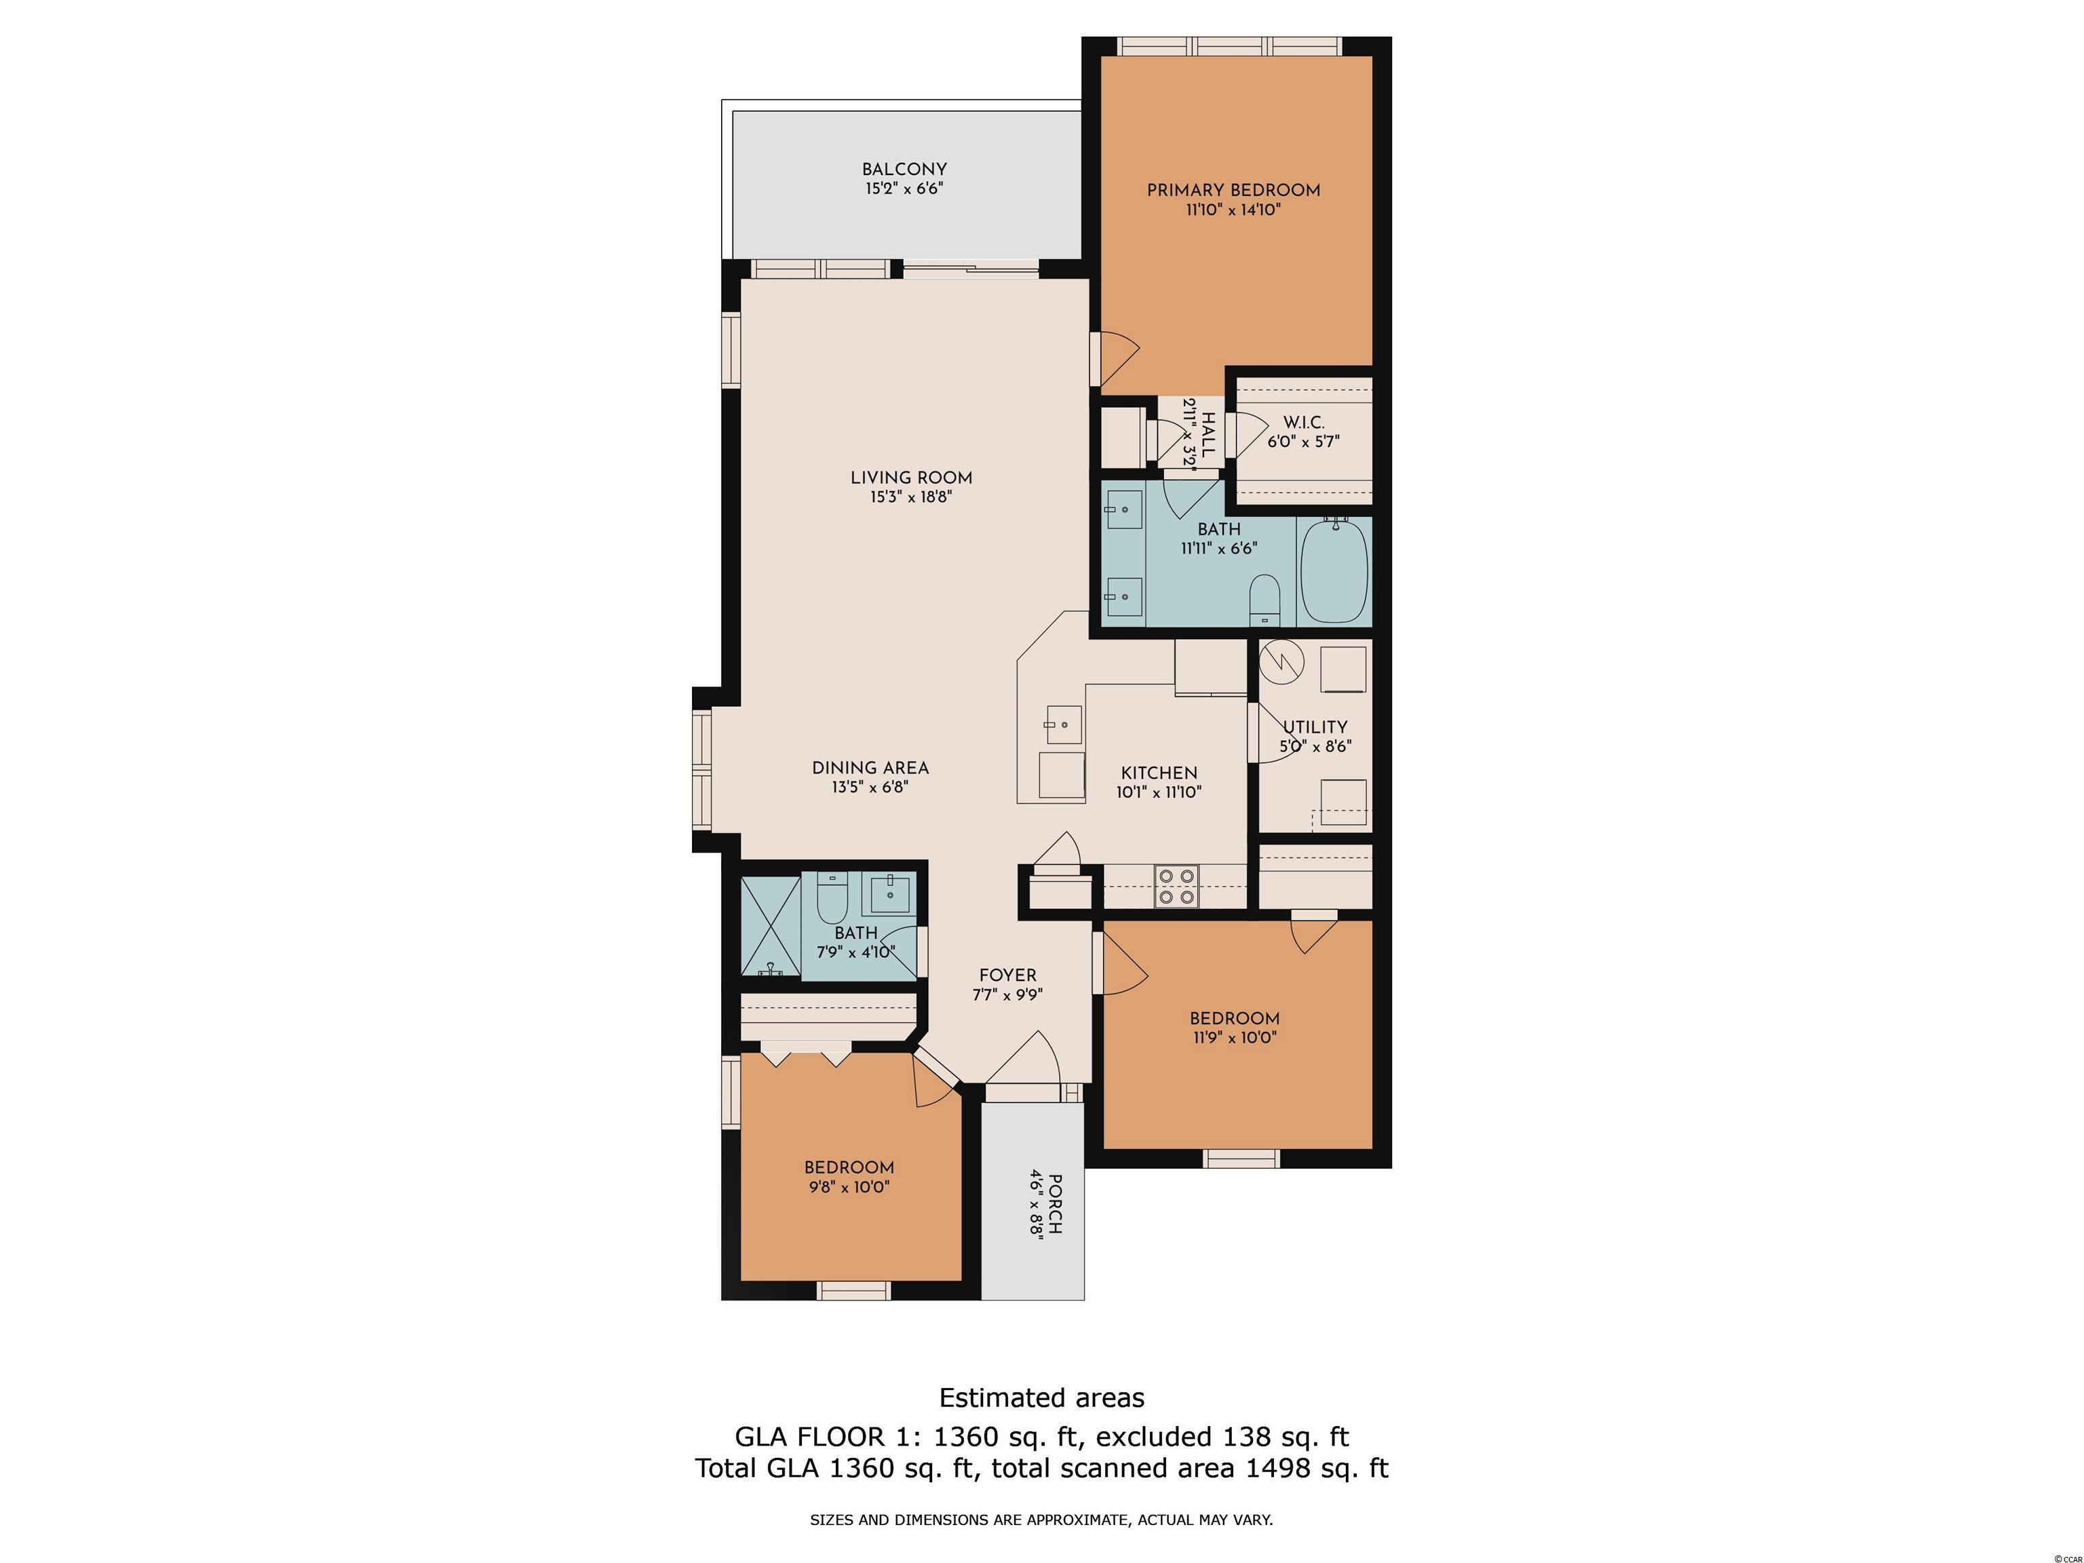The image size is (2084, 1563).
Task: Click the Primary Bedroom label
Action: [x=1233, y=191]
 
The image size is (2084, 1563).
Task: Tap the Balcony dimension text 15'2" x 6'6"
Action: [x=904, y=189]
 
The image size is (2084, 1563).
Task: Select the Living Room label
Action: [x=911, y=478]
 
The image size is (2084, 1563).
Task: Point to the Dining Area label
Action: [x=870, y=768]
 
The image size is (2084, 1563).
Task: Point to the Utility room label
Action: [x=1315, y=727]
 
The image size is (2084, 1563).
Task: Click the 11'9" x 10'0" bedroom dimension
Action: [x=1234, y=1037]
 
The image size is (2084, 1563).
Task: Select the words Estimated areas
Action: [x=1042, y=1397]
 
